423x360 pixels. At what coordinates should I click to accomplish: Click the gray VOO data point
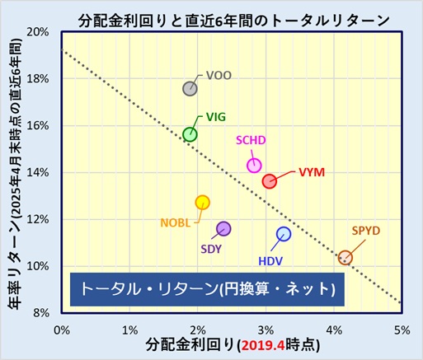coord(190,89)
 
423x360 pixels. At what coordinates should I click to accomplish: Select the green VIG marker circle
coord(190,134)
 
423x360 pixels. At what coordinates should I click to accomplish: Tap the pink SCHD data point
coord(254,166)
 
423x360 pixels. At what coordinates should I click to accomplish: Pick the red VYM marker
coord(270,181)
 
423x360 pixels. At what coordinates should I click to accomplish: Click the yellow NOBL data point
coord(203,203)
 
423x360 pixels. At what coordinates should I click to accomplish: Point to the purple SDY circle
coord(223,228)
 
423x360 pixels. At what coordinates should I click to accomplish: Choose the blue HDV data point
coord(284,234)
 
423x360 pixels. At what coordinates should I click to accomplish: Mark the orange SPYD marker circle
coord(345,258)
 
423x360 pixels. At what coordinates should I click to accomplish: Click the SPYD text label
coord(366,231)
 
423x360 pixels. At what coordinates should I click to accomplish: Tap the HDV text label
coord(270,261)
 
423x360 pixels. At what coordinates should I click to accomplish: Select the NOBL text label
coord(176,222)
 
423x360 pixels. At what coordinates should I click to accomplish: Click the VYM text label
coord(312,172)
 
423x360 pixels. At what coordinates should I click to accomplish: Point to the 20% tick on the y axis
coord(38,32)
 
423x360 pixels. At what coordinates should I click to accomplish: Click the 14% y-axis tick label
coord(38,172)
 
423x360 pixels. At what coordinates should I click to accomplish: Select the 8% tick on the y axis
coord(41,313)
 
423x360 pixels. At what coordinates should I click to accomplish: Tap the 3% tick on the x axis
coord(266,330)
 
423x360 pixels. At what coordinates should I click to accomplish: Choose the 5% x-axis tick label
coord(402,330)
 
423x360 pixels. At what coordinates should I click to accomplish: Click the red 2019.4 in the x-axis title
coord(263,345)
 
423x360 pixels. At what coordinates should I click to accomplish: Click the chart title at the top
coord(234,21)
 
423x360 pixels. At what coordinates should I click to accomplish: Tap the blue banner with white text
coord(207,289)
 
